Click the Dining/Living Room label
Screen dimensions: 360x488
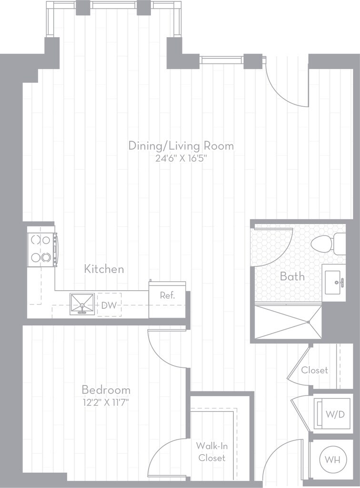click(181, 146)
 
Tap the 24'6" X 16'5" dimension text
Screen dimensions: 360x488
click(181, 159)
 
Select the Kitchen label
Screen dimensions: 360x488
click(104, 269)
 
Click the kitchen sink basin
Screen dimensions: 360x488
click(82, 304)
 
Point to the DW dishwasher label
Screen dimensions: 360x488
click(109, 305)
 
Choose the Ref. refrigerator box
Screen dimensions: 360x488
click(167, 300)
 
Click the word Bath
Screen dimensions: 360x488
click(292, 276)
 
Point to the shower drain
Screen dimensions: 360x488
click(309, 322)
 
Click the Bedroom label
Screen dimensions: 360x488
click(106, 390)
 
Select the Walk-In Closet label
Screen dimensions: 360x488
click(212, 452)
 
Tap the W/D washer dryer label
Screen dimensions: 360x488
click(335, 414)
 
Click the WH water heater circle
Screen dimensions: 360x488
click(332, 459)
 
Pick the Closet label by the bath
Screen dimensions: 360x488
click(315, 370)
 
